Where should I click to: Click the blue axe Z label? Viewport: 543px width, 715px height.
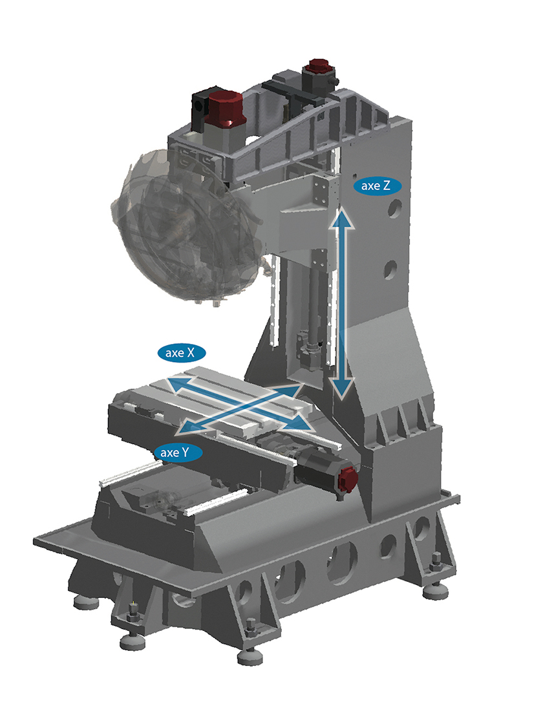(x=377, y=186)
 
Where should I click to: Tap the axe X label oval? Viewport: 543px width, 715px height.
(x=181, y=353)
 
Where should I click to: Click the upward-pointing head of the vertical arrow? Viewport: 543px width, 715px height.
(x=343, y=218)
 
